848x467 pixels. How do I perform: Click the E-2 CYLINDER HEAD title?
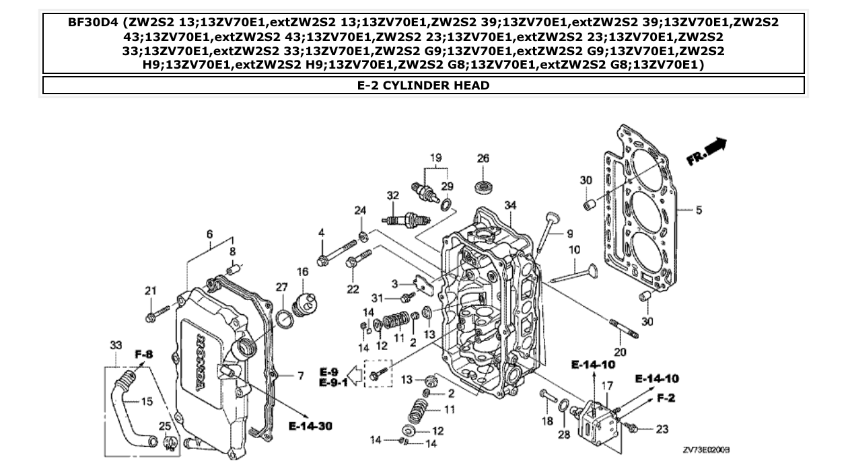tap(423, 85)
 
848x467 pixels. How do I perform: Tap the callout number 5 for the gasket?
tap(699, 211)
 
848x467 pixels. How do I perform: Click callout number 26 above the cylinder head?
tap(483, 159)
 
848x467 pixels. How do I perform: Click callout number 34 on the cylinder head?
tap(510, 205)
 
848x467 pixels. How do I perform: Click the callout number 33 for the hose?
tap(116, 345)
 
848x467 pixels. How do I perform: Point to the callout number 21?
tap(150, 291)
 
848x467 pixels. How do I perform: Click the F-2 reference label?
tap(666, 398)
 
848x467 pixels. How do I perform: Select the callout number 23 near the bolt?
tap(662, 429)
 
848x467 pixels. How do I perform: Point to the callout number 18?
tap(547, 421)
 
